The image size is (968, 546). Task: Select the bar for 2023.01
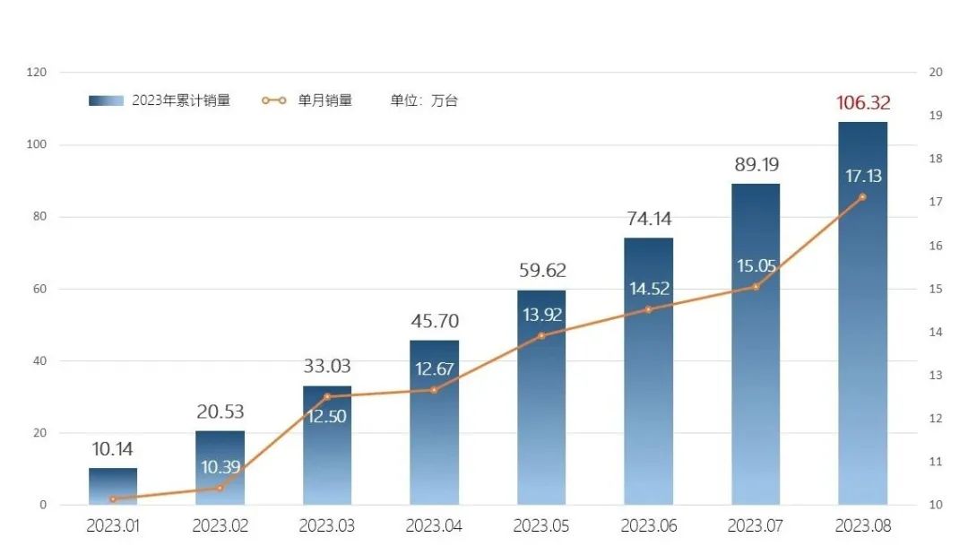[113, 486]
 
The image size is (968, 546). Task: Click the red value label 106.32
[863, 103]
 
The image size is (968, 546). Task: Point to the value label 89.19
[756, 165]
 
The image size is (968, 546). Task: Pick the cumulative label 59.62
[542, 271]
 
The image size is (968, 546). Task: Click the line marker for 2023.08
[862, 197]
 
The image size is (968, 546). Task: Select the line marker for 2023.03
[326, 396]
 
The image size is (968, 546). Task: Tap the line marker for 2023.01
[113, 498]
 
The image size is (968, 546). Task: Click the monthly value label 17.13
[863, 177]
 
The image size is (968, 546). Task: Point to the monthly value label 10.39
[220, 467]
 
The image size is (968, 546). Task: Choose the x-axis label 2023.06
[649, 526]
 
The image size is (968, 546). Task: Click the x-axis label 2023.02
[220, 526]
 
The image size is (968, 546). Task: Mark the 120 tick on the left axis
[38, 73]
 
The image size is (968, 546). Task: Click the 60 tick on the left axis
[40, 290]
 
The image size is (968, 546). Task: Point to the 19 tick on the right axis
[936, 116]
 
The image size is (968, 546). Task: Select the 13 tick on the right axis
[936, 376]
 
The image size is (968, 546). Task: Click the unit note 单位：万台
[424, 101]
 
